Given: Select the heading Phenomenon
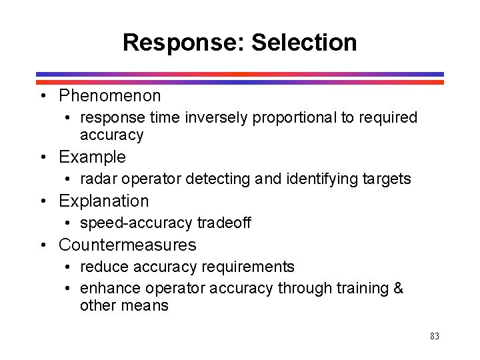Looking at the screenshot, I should click(x=110, y=96).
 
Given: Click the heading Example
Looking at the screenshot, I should click(x=92, y=157).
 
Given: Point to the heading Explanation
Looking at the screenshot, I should click(x=104, y=201).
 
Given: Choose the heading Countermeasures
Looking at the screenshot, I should click(x=127, y=245).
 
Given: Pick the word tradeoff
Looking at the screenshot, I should click(x=223, y=223).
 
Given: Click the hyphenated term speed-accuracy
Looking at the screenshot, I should click(x=137, y=223).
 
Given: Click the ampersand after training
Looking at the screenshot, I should click(x=399, y=288).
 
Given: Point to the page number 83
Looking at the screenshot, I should click(x=435, y=337).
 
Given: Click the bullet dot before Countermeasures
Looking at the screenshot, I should click(x=43, y=245).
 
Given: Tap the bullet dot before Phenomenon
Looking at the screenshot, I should click(x=43, y=97).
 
